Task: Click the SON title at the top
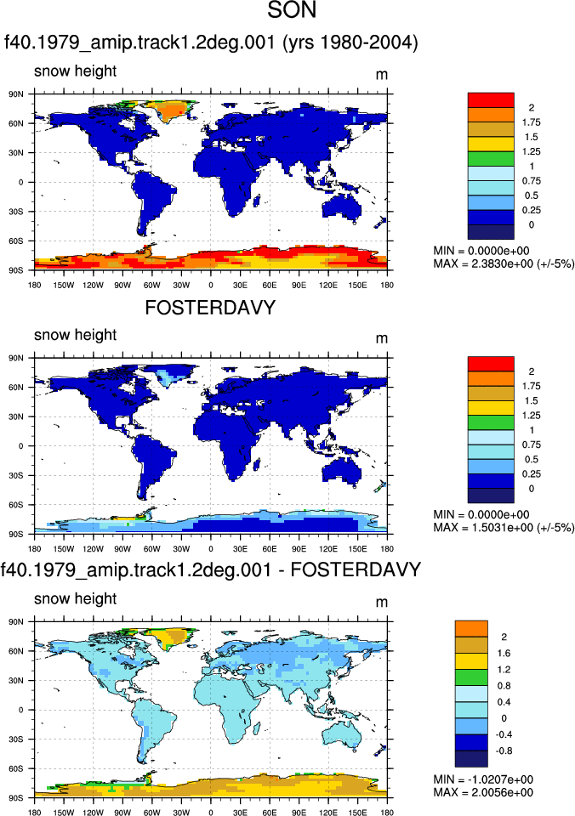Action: tap(292, 10)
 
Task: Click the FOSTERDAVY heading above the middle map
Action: tap(210, 308)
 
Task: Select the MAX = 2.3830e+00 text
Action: tap(504, 263)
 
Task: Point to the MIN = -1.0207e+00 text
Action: tap(483, 779)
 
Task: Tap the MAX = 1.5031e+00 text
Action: tap(504, 528)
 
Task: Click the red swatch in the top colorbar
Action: tap(491, 100)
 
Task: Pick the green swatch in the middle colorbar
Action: tap(491, 422)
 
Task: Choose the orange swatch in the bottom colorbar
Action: tap(471, 629)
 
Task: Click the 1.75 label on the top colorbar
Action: tap(532, 122)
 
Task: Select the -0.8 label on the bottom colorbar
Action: tap(504, 751)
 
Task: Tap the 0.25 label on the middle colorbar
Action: tap(532, 474)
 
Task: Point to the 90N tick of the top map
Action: tap(16, 94)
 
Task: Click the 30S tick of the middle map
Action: tap(16, 475)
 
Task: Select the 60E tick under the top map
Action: tap(270, 286)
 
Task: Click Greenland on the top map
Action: tap(167, 110)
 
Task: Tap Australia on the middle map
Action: tap(341, 472)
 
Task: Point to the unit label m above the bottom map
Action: tap(382, 603)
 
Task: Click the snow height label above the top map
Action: tap(76, 71)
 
